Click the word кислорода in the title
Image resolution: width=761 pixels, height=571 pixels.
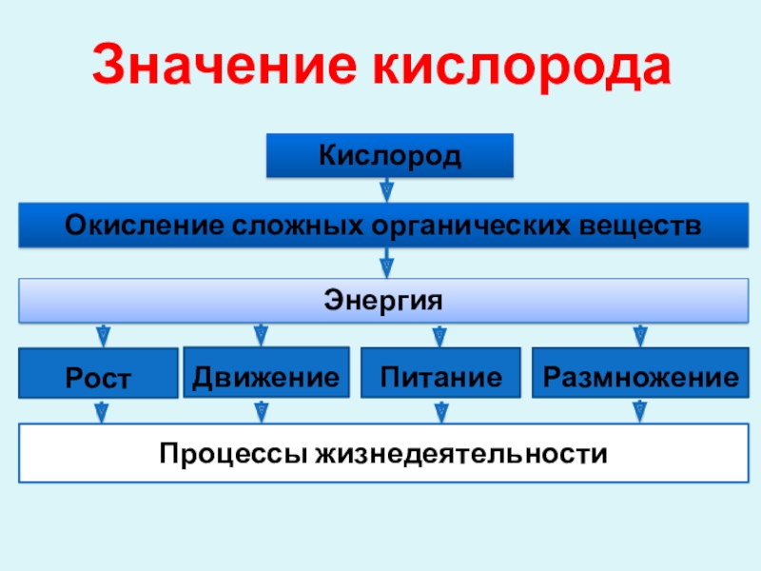(x=517, y=68)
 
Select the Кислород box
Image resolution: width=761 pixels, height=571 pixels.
(x=390, y=156)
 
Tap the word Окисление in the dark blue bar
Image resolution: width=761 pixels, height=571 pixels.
(x=140, y=228)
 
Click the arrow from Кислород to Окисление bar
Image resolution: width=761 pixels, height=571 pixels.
(x=387, y=191)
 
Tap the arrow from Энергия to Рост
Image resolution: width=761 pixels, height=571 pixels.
(x=102, y=335)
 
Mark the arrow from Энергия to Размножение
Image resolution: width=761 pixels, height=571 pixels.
(x=640, y=335)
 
